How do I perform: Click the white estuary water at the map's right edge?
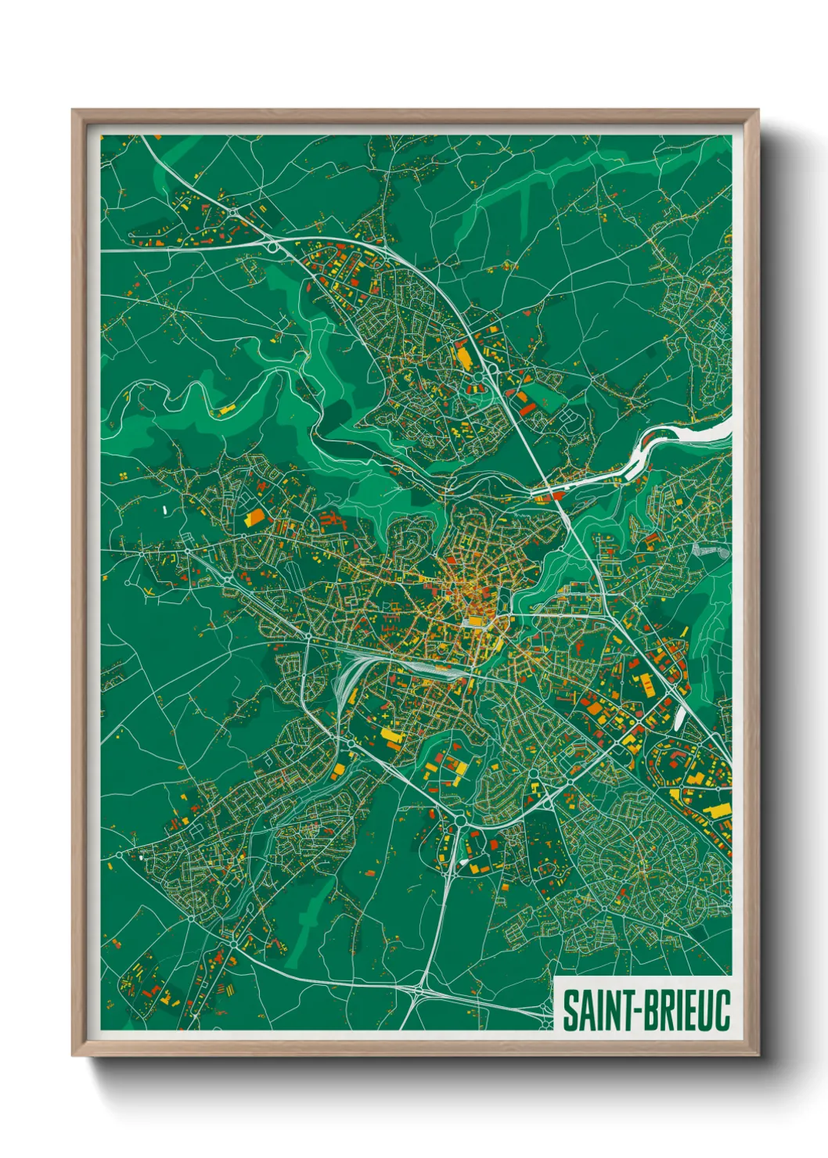[x=704, y=431]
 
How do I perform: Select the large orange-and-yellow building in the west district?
[x=255, y=517]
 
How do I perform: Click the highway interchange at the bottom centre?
[x=423, y=991]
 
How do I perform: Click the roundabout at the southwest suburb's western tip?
[x=119, y=854]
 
